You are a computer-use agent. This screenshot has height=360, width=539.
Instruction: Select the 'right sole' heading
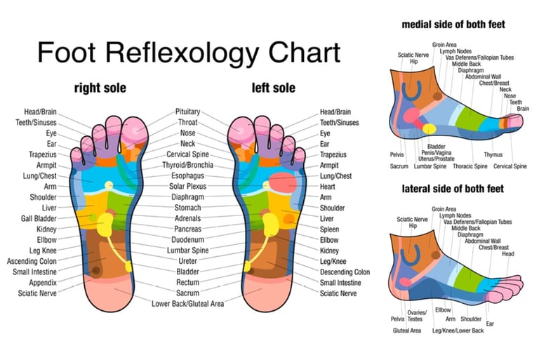[x=100, y=88]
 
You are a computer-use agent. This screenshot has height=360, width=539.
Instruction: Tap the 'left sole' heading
[x=274, y=88]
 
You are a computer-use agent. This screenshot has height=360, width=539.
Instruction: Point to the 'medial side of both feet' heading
[x=453, y=25]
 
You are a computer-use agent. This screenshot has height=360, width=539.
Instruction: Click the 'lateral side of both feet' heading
[x=453, y=189]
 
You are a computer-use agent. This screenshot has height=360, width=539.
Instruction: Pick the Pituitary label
[x=188, y=112]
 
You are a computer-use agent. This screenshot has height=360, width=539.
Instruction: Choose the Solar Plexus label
[x=188, y=187]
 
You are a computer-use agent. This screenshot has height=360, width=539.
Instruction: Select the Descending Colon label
[x=345, y=272]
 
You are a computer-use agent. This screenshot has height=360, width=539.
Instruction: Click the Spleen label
[x=330, y=229]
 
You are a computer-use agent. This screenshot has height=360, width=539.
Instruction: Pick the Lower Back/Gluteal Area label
[x=187, y=303]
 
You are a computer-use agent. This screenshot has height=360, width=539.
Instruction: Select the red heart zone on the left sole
[x=282, y=184]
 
